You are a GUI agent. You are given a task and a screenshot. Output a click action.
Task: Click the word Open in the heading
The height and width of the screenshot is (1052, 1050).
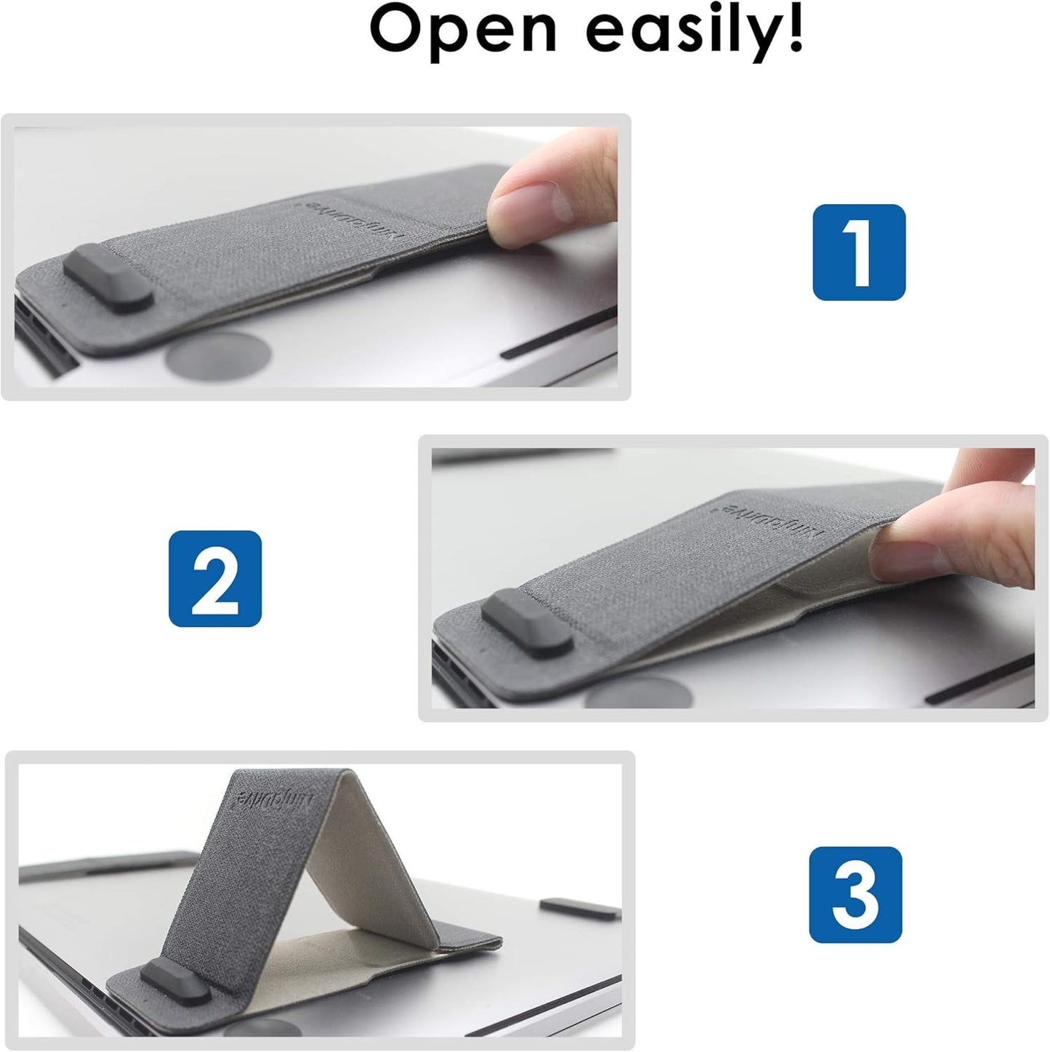pyautogui.click(x=463, y=31)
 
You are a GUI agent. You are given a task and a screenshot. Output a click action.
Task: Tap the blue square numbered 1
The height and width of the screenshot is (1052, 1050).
pyautogui.click(x=858, y=252)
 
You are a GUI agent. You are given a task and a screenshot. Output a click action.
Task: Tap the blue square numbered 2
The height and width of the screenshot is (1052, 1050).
pyautogui.click(x=215, y=578)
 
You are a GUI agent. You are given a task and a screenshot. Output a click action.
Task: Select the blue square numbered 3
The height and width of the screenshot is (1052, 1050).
pyautogui.click(x=855, y=894)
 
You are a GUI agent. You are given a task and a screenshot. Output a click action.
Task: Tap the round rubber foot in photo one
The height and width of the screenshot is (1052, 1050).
pyautogui.click(x=218, y=355)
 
